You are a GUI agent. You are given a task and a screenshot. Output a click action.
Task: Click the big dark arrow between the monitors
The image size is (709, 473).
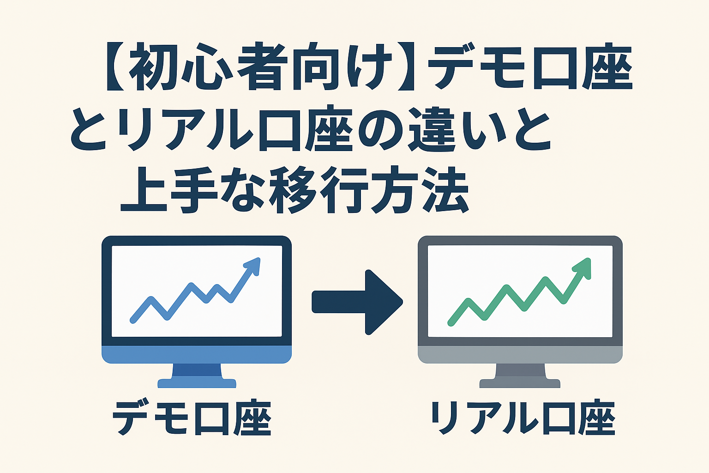click(357, 302)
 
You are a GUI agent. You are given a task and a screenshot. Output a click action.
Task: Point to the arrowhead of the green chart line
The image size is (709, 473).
click(583, 268)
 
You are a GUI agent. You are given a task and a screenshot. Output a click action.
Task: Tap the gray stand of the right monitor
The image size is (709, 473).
click(520, 376)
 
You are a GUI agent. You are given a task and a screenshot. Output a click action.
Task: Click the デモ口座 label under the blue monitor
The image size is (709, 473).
click(192, 418)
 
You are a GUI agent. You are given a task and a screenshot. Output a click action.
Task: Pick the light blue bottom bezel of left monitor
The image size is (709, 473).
click(197, 354)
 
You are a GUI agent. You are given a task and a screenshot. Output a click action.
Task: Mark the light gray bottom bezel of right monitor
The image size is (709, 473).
click(520, 354)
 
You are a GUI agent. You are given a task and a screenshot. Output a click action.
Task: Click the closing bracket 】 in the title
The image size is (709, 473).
click(406, 67)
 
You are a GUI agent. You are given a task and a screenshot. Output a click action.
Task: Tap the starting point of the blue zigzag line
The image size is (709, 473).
click(133, 321)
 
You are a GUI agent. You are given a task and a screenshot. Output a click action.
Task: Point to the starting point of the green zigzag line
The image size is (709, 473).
click(451, 323)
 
